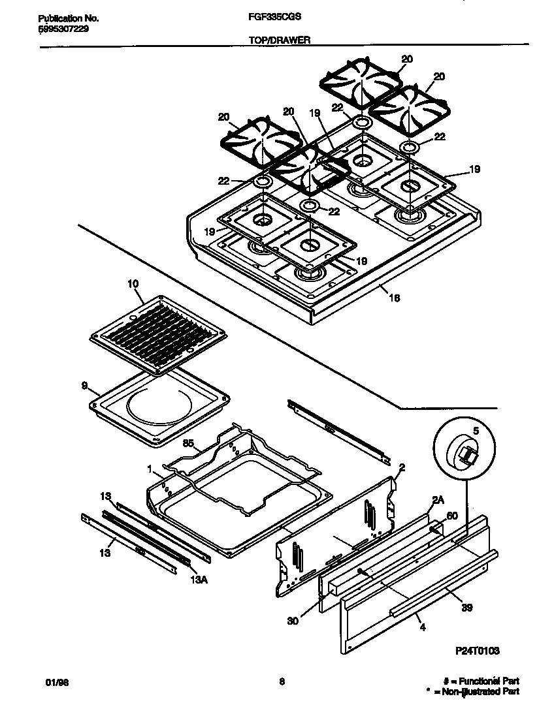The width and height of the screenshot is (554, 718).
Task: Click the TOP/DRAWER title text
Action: (x=279, y=40)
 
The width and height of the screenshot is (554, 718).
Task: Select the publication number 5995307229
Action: (x=59, y=29)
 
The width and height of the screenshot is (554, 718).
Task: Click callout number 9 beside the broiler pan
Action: (x=84, y=386)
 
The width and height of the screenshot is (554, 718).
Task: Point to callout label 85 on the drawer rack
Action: (x=189, y=445)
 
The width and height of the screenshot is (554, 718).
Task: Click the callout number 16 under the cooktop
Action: (x=393, y=298)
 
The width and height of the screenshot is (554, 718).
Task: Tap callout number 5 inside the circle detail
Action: (x=475, y=431)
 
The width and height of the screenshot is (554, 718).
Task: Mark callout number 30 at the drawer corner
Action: (x=292, y=621)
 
